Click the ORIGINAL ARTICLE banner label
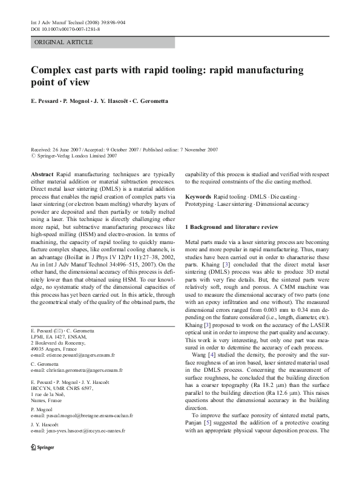point(64,42)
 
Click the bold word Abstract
point(42,174)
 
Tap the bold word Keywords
point(198,197)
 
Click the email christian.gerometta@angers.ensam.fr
point(78,370)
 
